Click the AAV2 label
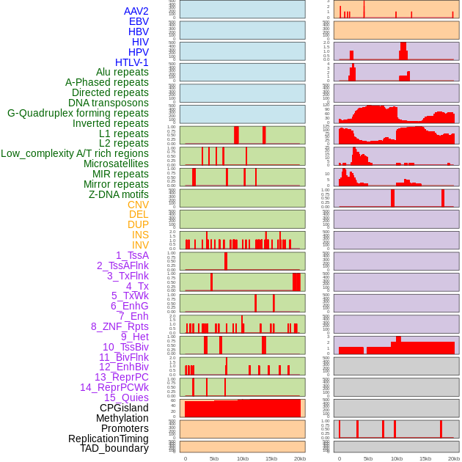pyautogui.click(x=136, y=11)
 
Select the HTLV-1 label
pyautogui.click(x=131, y=62)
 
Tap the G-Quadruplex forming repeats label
pyautogui.click(x=78, y=113)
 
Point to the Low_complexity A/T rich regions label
pyautogui.click(x=75, y=153)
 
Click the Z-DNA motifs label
pyautogui.click(x=119, y=194)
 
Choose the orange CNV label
pyautogui.click(x=138, y=205)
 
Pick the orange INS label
pyautogui.click(x=140, y=235)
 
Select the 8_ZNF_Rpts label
pyautogui.click(x=120, y=326)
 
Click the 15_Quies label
pyautogui.click(x=126, y=397)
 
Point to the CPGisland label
pyautogui.click(x=124, y=408)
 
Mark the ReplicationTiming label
pyautogui.click(x=109, y=439)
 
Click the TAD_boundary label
pyautogui.click(x=114, y=448)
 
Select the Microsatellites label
pyautogui.click(x=116, y=164)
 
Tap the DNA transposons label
pyautogui.click(x=109, y=103)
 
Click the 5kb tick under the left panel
pyautogui.click(x=214, y=458)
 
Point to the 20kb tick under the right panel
pyautogui.click(x=454, y=458)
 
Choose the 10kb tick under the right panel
pyautogui.click(x=397, y=458)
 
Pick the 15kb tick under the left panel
pyautogui.click(x=271, y=458)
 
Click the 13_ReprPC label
pyautogui.click(x=121, y=377)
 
